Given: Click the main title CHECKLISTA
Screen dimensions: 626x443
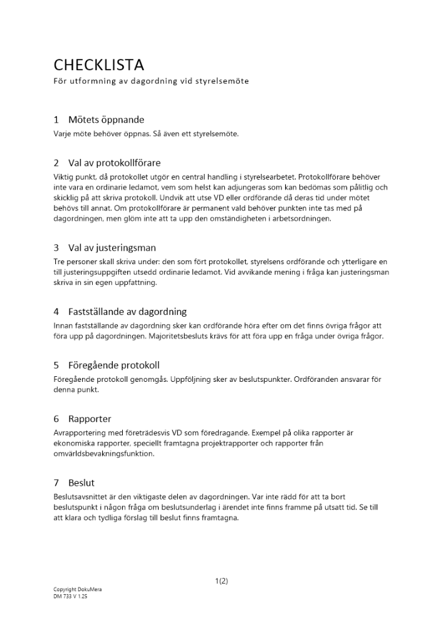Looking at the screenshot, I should pyautogui.click(x=99, y=65).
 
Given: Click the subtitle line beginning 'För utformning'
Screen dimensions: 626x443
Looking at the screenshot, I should pyautogui.click(x=151, y=81).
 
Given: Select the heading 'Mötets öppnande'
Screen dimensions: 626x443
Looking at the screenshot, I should pyautogui.click(x=106, y=120).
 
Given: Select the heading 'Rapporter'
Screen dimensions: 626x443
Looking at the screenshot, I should pyautogui.click(x=90, y=419).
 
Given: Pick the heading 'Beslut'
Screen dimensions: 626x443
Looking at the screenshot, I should pyautogui.click(x=81, y=483).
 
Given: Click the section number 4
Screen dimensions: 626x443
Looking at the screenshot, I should pyautogui.click(x=56, y=311).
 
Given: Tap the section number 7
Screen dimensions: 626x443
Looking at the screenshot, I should pyautogui.click(x=56, y=483).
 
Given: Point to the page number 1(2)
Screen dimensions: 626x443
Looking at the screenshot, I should pyautogui.click(x=221, y=581).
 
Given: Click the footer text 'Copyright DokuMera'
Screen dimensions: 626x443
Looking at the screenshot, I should pyautogui.click(x=78, y=590).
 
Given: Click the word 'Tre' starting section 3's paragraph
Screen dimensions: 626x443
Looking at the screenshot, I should pyautogui.click(x=59, y=260).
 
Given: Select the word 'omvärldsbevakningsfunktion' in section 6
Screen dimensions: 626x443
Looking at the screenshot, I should pyautogui.click(x=103, y=454).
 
